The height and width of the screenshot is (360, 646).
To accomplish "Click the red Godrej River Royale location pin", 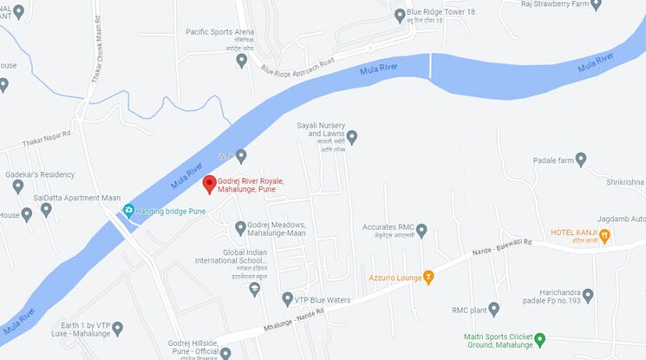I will [x=209, y=184].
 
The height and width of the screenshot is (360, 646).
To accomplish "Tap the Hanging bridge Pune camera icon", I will [x=129, y=210].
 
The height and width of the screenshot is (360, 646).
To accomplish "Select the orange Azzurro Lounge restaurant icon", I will [x=427, y=278].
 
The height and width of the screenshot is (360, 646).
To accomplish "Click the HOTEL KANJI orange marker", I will [x=604, y=235].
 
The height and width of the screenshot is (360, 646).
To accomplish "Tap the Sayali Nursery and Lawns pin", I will [x=352, y=137].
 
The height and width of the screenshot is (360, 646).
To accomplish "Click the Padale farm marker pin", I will [x=581, y=160].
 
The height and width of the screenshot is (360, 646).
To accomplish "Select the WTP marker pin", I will [x=241, y=156].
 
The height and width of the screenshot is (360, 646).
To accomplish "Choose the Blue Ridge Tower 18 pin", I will [x=401, y=15].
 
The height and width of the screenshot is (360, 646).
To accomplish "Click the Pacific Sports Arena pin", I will [x=242, y=60].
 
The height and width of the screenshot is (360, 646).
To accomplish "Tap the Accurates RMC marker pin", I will [x=421, y=230].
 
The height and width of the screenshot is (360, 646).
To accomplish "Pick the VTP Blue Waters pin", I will [x=287, y=299].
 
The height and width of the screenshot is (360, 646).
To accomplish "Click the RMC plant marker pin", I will [x=493, y=308].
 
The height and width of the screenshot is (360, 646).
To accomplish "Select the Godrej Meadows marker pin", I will [x=241, y=228].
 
